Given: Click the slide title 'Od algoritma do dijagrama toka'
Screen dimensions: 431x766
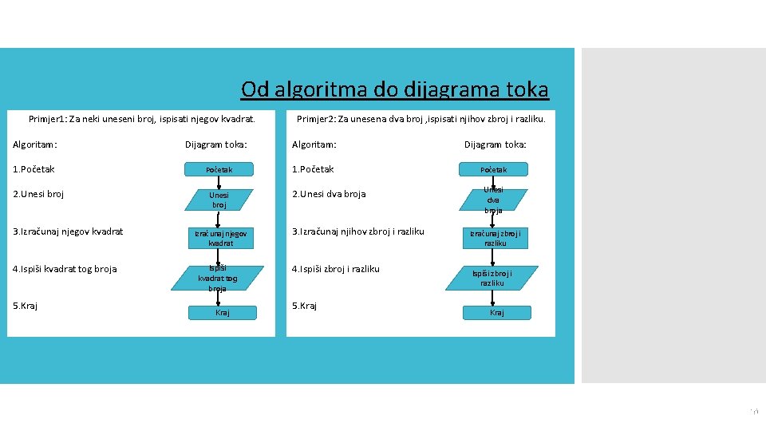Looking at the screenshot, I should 394,89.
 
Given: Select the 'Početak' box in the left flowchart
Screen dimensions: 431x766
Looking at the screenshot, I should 219,169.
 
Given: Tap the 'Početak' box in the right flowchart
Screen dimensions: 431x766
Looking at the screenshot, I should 493,169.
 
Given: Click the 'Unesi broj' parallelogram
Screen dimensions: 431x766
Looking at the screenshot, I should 219,200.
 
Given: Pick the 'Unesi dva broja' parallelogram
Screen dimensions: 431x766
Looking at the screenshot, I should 493,200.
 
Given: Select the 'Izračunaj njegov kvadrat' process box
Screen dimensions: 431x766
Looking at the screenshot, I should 220,238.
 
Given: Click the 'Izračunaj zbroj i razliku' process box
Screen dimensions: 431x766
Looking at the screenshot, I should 495,238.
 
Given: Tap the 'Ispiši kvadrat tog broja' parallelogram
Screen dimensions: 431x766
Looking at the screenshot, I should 218,278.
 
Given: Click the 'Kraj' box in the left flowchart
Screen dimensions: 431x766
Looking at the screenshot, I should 222,312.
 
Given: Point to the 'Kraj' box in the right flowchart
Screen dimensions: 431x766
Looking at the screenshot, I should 496,312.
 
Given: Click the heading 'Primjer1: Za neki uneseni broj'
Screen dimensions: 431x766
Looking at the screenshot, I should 141,120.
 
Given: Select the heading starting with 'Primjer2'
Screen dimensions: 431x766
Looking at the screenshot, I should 421,120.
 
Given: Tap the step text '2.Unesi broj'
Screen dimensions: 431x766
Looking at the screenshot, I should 38,194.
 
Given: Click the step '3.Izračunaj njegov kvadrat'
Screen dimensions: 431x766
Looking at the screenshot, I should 68,231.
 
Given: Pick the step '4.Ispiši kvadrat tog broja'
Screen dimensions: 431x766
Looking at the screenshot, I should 65,269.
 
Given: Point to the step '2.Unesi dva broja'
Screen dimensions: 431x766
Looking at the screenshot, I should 329,194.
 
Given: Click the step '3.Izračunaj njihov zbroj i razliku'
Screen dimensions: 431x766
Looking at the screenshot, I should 357,231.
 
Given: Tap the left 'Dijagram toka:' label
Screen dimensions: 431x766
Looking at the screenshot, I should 216,144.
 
